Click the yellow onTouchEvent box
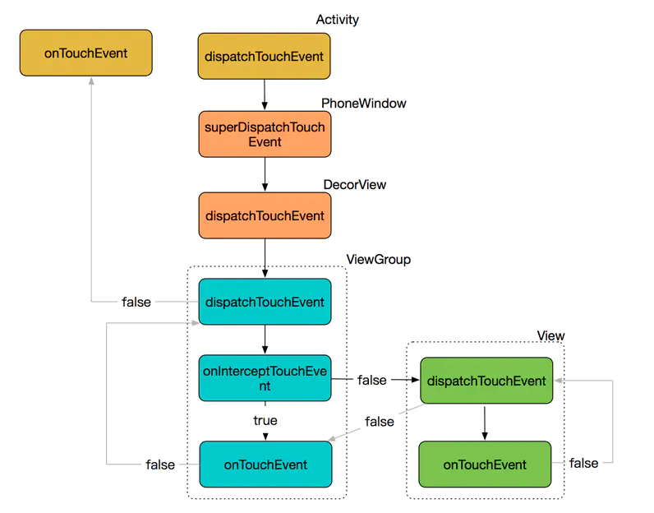tap(86, 53)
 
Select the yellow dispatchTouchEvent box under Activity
tap(264, 57)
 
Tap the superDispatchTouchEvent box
tap(265, 134)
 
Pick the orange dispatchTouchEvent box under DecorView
tap(265, 215)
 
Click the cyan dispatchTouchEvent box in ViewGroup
tap(265, 302)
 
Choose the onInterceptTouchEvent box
tap(265, 378)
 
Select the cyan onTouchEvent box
tap(265, 464)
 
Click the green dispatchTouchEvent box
tap(486, 381)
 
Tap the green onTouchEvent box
tap(485, 464)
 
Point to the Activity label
tap(337, 20)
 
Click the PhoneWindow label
tap(364, 103)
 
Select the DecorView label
tap(355, 184)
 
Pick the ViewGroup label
tap(378, 260)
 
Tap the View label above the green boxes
tap(550, 335)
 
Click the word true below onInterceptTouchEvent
tap(265, 420)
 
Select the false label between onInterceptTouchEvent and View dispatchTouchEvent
tap(371, 381)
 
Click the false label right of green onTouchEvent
tap(583, 463)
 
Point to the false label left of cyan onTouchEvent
tap(160, 464)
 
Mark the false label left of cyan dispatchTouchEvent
tap(136, 302)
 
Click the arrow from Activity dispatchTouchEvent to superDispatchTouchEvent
tap(265, 95)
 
